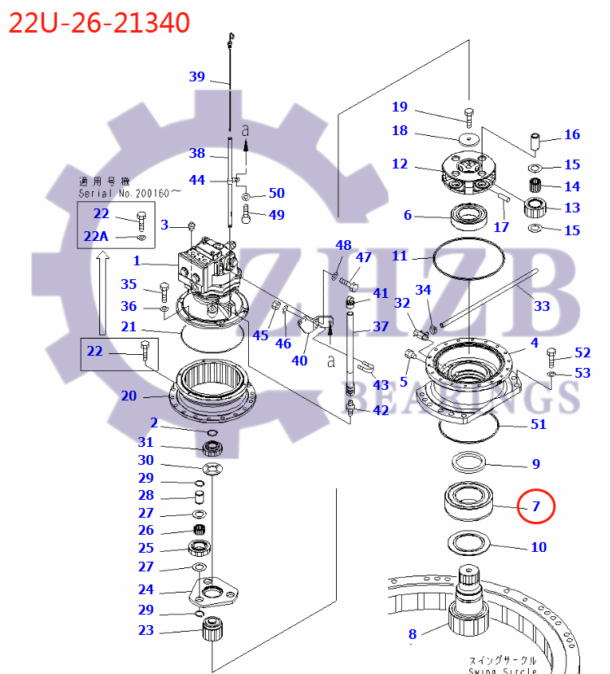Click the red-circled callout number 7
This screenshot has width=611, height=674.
coord(536,506)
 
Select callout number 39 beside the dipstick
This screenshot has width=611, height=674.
coord(197,77)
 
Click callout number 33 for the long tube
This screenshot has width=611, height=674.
coord(541,306)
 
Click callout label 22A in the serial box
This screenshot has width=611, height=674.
coord(95,236)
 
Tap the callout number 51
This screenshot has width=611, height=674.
coord(538,424)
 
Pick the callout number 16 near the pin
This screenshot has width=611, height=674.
coord(572,135)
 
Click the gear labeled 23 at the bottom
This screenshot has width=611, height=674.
coord(212,630)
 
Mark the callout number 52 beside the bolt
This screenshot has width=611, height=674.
coord(582,352)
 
